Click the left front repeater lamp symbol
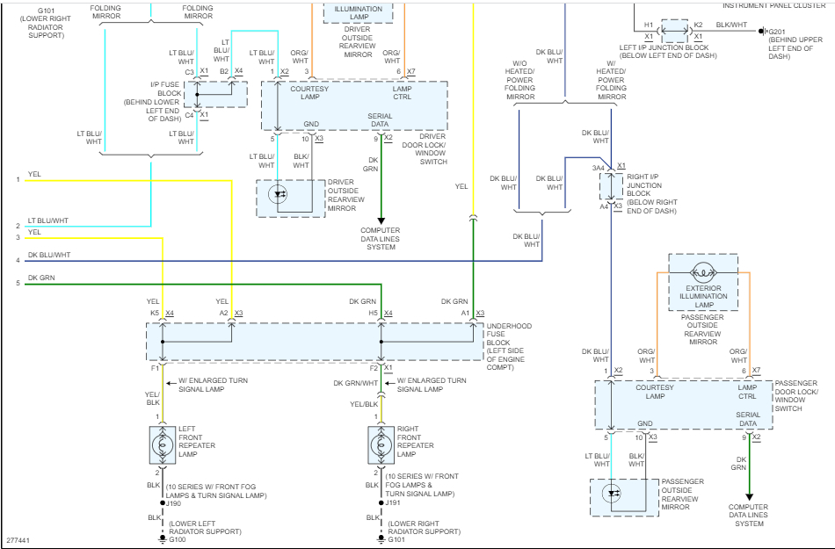(x=162, y=445)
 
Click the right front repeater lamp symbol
(x=381, y=445)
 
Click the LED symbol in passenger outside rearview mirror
(x=613, y=494)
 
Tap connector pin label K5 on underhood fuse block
(x=155, y=313)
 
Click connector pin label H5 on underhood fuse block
(x=373, y=313)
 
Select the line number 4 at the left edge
(x=17, y=260)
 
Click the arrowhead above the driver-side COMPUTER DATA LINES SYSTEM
(x=381, y=220)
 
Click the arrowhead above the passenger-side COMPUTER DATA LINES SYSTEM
(x=749, y=496)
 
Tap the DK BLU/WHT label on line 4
(x=49, y=255)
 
